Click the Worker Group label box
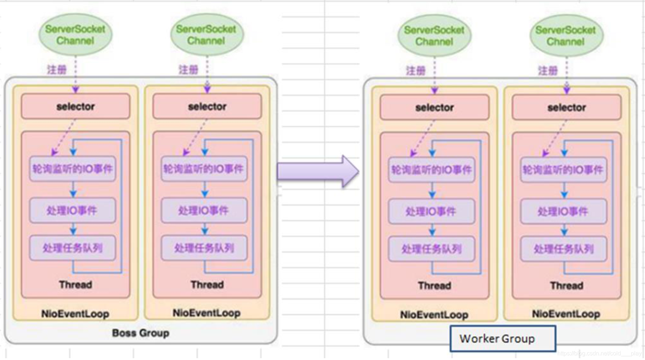pos(502,339)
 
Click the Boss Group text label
pos(140,333)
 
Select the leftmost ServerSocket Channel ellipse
pos(75,35)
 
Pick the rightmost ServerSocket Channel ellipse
pos(566,36)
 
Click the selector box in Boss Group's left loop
pos(75,107)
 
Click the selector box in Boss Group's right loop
pos(207,107)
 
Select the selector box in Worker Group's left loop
pos(434,108)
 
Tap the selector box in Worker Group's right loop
pos(566,108)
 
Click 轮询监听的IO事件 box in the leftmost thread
pos(72,169)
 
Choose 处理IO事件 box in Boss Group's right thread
pos(204,211)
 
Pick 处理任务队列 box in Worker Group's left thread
pos(431,249)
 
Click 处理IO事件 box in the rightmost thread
pos(563,212)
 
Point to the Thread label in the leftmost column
pos(75,284)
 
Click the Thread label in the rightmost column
pos(566,285)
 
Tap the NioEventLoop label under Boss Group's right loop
pos(207,313)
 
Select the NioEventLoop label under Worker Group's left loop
pos(434,315)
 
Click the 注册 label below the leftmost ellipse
pos(57,69)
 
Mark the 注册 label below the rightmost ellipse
pos(548,71)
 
